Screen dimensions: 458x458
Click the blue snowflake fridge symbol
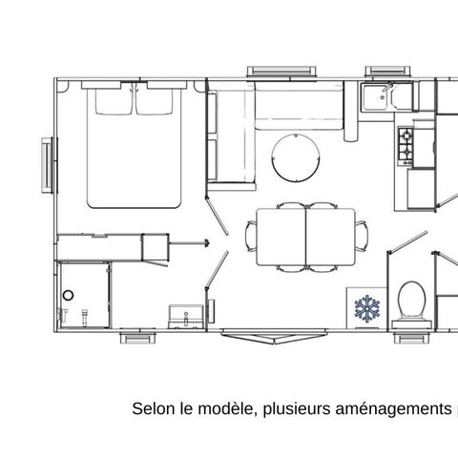[x=366, y=308]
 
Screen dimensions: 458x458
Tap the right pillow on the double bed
[x=159, y=99]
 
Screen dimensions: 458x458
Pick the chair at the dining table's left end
[x=251, y=234]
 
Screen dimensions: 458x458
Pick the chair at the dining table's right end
[x=364, y=234]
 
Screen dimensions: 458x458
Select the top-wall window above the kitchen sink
[x=385, y=72]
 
